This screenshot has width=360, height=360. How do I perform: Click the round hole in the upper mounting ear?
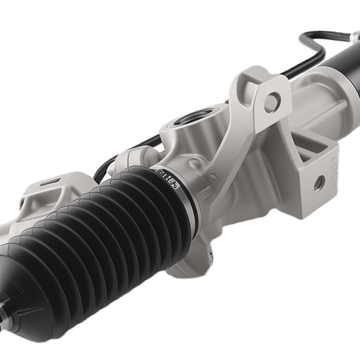pyautogui.click(x=273, y=98)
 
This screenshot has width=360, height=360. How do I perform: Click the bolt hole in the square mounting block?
pyautogui.click(x=318, y=184)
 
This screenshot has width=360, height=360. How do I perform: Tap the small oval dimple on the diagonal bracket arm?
pyautogui.click(x=214, y=176)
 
